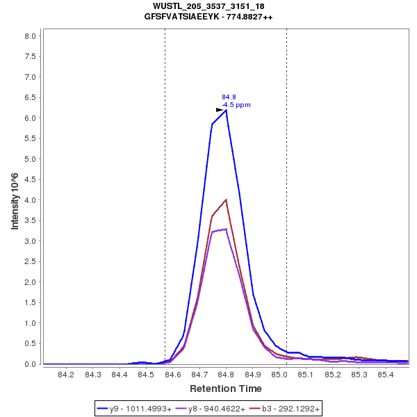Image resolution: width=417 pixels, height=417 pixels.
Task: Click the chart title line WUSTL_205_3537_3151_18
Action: point(208,6)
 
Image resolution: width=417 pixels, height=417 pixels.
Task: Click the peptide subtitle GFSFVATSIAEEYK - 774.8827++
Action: point(208,16)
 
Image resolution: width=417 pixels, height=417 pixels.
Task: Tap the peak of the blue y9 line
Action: point(226,110)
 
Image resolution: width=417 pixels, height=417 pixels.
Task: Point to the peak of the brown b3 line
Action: point(226,200)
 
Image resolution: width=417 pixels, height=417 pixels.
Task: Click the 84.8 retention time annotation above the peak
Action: point(229,97)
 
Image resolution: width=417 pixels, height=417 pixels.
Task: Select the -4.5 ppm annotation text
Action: point(236,105)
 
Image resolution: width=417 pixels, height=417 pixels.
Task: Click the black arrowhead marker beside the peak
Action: point(220,110)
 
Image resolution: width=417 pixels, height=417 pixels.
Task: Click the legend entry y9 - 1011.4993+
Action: point(140,409)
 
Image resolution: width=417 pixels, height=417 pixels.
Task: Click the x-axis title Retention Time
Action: point(226,389)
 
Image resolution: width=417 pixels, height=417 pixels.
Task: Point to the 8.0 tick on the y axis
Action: point(31,36)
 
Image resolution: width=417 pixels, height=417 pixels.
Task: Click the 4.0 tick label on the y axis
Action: point(31,200)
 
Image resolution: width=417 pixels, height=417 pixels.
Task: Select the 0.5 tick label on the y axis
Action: point(31,343)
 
